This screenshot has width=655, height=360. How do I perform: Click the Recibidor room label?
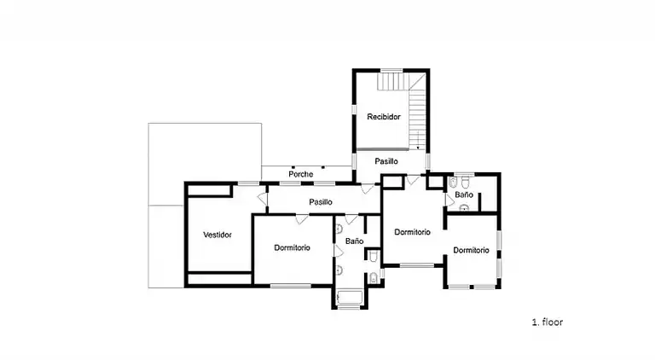pos(384,116)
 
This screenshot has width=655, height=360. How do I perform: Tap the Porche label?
pos(300,174)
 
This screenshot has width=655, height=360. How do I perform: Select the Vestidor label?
pos(217,235)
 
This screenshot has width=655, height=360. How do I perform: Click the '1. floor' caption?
pos(548,322)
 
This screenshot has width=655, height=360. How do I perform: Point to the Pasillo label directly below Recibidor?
pos(386,160)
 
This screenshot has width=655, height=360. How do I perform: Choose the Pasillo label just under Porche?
pos(321,201)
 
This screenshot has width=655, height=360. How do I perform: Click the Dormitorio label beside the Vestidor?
pos(292,247)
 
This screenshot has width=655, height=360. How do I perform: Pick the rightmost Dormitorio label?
pos(471,250)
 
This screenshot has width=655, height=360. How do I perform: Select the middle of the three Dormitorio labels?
pos(412,232)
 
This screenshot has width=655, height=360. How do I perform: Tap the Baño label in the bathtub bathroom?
pos(355,241)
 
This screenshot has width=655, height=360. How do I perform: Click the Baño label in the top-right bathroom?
pos(463,195)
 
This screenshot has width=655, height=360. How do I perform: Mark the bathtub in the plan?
pos(349,298)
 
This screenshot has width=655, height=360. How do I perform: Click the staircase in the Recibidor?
pos(417,111)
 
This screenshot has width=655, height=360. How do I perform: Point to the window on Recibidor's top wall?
pos(391,70)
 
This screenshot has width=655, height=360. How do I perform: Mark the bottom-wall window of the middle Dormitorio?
pos(416,266)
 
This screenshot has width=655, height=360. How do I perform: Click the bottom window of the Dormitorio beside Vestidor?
pos(290,286)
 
